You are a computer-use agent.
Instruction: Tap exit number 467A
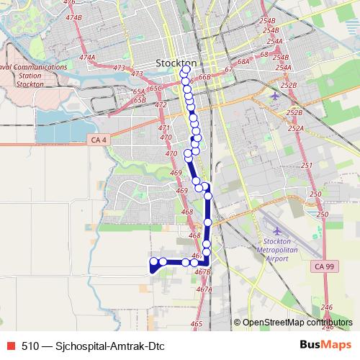coord(204,289)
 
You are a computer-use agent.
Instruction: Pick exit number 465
coord(197,324)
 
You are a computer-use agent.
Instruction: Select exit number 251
coord(307,166)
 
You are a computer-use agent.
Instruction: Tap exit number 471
coord(164,127)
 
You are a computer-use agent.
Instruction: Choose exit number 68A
coord(243,62)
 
